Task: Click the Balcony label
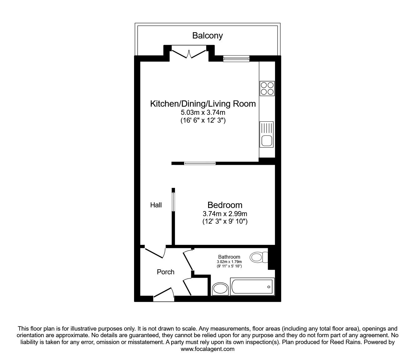coord(207,36)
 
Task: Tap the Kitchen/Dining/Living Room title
coord(203,104)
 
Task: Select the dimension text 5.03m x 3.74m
coord(203,112)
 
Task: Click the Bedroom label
coord(225,205)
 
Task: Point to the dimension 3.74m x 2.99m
coord(225,214)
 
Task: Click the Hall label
coord(156,205)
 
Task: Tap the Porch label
coord(165,272)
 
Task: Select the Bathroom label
coord(229,257)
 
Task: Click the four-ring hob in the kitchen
coord(267,88)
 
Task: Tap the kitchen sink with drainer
coord(266,134)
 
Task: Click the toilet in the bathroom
coord(259,258)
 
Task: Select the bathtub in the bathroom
coord(252,286)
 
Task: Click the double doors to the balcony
coord(189,53)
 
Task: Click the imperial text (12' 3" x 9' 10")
coord(225,222)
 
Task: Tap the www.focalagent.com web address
coord(207,349)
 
